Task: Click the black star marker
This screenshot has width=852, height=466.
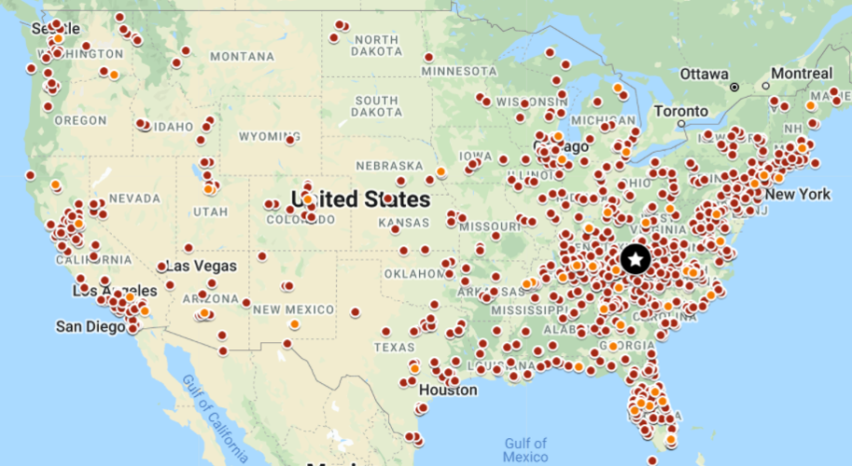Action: pyautogui.click(x=636, y=258)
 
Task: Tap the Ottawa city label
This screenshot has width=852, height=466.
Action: pyautogui.click(x=704, y=74)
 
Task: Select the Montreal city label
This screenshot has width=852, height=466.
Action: pyautogui.click(x=801, y=74)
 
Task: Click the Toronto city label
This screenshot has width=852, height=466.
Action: pyautogui.click(x=681, y=110)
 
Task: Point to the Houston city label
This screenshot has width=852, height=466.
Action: pyautogui.click(x=448, y=390)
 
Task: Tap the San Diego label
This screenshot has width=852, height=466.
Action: pyautogui.click(x=90, y=326)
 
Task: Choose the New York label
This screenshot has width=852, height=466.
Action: pyautogui.click(x=797, y=195)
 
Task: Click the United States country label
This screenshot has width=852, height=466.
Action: pyautogui.click(x=361, y=199)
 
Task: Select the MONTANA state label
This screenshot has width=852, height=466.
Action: pyautogui.click(x=243, y=56)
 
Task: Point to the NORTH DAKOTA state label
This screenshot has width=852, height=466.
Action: pyautogui.click(x=378, y=45)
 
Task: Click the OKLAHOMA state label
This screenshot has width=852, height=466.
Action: pyautogui.click(x=415, y=274)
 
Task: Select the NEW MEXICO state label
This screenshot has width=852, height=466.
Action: pyautogui.click(x=293, y=309)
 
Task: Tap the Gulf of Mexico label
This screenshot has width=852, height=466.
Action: pyautogui.click(x=524, y=450)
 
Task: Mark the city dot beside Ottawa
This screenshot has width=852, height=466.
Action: pyautogui.click(x=735, y=87)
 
